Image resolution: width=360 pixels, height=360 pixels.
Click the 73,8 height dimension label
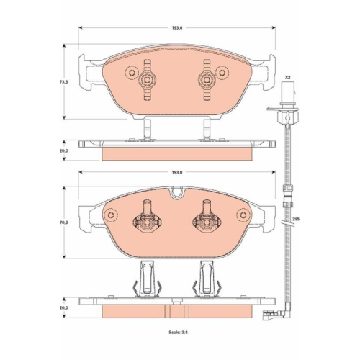point(65,81)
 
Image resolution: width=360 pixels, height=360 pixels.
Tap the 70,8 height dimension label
point(65,222)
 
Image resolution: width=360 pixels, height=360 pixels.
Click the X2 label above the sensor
point(287,78)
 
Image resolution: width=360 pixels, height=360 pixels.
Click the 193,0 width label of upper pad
point(177,28)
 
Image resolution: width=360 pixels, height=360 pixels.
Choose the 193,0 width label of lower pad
point(177,172)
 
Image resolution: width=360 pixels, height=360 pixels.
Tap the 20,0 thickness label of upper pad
point(65,150)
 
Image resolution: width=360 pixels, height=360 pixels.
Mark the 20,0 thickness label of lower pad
point(65,307)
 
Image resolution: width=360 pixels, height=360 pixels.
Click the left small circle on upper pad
point(132,72)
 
